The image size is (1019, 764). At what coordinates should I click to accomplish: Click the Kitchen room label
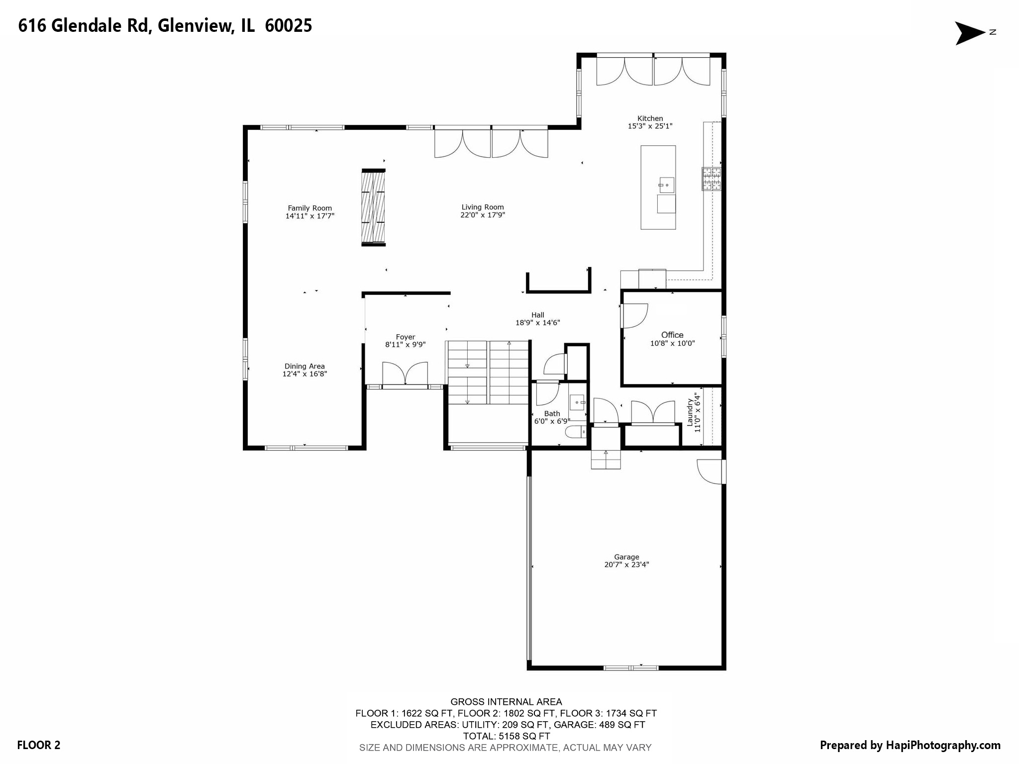pyautogui.click(x=650, y=118)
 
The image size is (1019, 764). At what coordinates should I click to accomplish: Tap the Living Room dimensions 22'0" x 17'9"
pyautogui.click(x=483, y=215)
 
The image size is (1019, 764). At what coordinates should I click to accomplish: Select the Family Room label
pyautogui.click(x=309, y=208)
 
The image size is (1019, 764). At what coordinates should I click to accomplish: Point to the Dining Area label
pyautogui.click(x=305, y=366)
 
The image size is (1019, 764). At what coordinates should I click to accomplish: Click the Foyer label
pyautogui.click(x=405, y=337)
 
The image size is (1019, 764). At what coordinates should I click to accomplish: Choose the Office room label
pyautogui.click(x=672, y=335)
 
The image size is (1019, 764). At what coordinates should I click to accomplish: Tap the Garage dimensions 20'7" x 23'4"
pyautogui.click(x=626, y=565)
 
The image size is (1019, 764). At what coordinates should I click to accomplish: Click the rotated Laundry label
pyautogui.click(x=690, y=412)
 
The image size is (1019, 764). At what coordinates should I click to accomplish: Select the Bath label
pyautogui.click(x=552, y=413)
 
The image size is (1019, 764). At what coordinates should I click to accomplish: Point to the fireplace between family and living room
pyautogui.click(x=373, y=207)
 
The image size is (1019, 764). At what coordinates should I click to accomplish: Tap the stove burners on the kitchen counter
pyautogui.click(x=711, y=179)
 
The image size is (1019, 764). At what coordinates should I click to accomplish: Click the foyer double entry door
pyautogui.click(x=405, y=374)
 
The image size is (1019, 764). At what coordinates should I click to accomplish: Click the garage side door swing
pyautogui.click(x=710, y=471)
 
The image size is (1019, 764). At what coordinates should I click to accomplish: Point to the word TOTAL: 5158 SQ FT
pyautogui.click(x=506, y=736)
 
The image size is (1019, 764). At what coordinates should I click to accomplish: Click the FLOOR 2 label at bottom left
pyautogui.click(x=38, y=745)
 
